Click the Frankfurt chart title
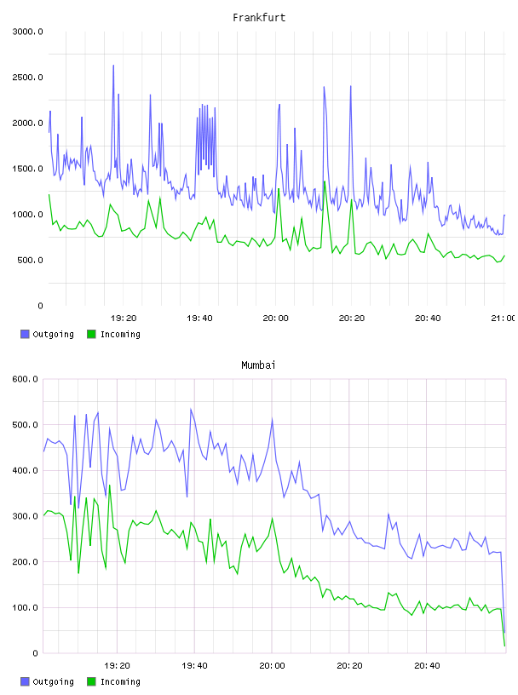[x=259, y=18]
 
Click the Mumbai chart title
[x=258, y=365]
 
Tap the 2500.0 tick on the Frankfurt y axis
[x=28, y=78]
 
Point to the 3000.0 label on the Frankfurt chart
[x=28, y=32]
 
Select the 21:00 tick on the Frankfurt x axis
[x=503, y=318]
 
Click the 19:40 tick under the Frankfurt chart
[x=199, y=318]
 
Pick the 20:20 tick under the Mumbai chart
[x=349, y=665]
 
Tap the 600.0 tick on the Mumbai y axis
[x=25, y=379]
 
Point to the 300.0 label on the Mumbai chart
[x=25, y=516]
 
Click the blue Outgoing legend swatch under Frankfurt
[x=25, y=334]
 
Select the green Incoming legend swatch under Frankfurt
[x=91, y=334]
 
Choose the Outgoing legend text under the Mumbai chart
[x=53, y=681]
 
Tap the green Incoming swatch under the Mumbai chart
[x=91, y=681]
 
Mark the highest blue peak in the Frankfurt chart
[x=113, y=66]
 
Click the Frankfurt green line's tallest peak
[x=325, y=181]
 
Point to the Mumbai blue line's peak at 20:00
[x=272, y=418]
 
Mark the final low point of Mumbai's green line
[x=504, y=646]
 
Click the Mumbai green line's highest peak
[x=110, y=485]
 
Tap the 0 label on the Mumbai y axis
[x=35, y=653]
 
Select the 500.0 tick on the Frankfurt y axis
[x=30, y=260]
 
